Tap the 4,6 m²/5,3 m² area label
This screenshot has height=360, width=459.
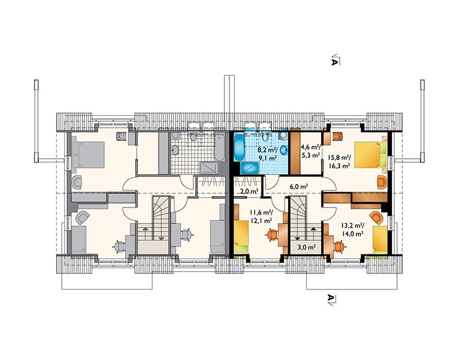pos(311,151)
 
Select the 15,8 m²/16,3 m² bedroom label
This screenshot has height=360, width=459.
pos(339,162)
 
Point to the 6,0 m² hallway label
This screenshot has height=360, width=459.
pos(299,186)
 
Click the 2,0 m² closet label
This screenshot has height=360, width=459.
pos(249,191)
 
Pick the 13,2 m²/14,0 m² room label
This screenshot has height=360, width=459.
pos(352,229)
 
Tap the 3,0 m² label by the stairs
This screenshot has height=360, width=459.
pos(306,248)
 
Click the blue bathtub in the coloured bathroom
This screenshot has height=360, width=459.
pos(239,148)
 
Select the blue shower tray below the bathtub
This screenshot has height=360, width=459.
pos(250,168)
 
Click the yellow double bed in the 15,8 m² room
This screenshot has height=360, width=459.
pos(371,155)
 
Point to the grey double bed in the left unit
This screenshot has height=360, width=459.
pos(88,155)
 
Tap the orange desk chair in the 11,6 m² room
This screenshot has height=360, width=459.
pos(273,235)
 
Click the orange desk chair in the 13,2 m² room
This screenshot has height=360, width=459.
pos(339,246)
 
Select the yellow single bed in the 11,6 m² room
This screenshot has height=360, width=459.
pos(241,237)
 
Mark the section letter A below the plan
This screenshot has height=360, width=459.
pos(331,298)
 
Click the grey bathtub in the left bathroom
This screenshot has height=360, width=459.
pos(220,148)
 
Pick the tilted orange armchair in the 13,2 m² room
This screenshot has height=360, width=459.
pos(376,218)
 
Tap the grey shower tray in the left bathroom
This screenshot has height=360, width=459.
pos(209,168)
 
